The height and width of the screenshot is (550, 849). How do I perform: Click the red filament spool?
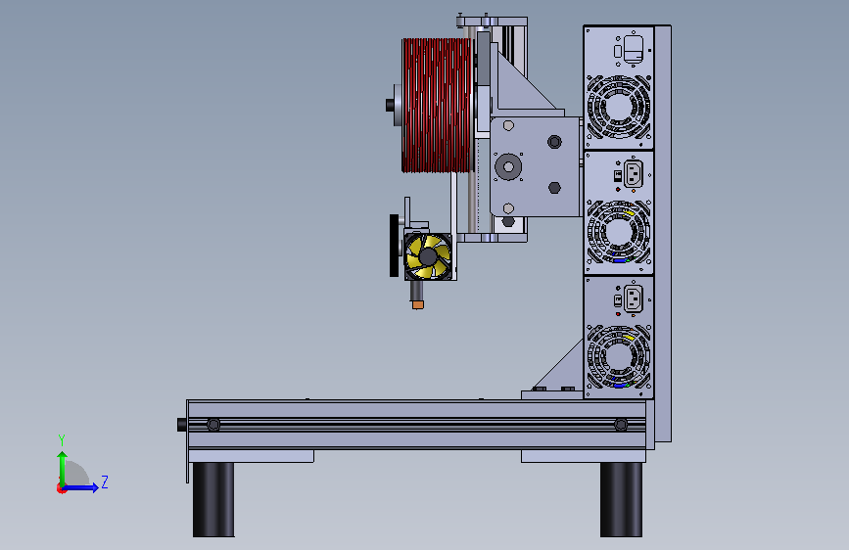click(438, 105)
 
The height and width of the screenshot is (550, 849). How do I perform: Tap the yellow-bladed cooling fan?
click(428, 256)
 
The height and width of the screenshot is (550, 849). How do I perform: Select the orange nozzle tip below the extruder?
click(417, 305)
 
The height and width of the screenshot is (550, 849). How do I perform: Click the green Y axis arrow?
click(63, 469)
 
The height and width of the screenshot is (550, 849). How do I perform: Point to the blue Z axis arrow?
click(79, 487)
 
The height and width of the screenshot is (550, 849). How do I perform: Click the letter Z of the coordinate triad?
click(105, 481)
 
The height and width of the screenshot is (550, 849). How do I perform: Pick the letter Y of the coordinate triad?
click(62, 439)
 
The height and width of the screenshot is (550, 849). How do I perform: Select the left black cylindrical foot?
click(213, 499)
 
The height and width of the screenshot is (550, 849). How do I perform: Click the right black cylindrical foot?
click(621, 499)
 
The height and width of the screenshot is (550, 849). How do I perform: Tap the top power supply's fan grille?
click(618, 107)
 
